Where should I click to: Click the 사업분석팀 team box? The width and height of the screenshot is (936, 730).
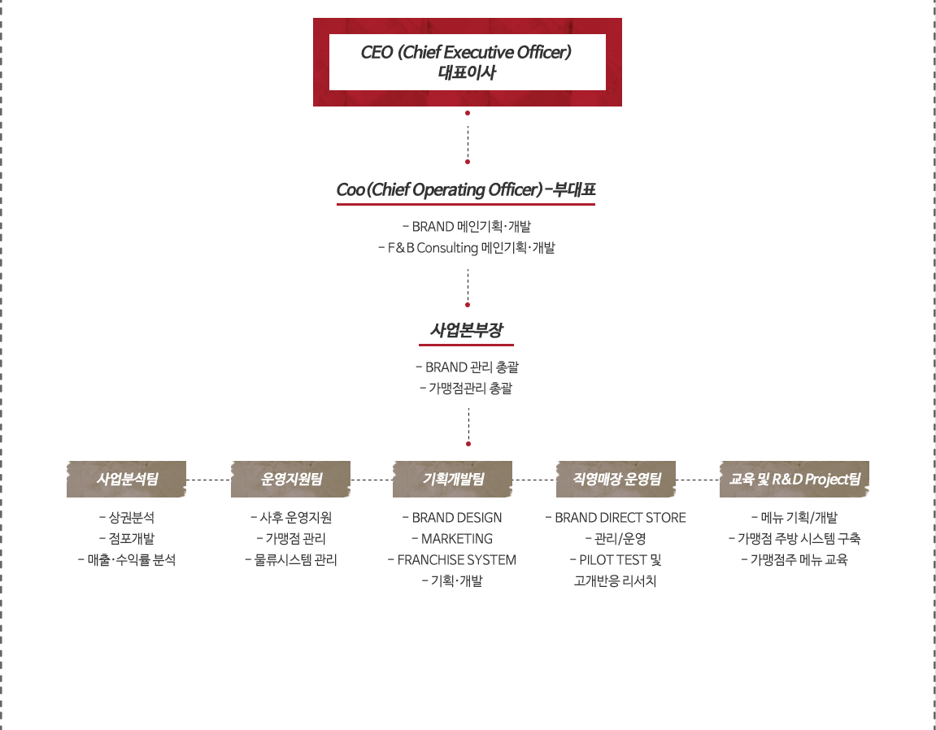[126, 480]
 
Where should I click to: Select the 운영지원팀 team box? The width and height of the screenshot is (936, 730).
[290, 480]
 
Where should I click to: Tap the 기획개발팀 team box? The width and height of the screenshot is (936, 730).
[452, 480]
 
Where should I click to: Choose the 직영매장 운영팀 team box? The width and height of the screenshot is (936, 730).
[616, 480]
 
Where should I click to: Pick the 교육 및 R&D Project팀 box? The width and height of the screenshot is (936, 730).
[794, 479]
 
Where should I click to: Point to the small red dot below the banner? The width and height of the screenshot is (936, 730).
[468, 113]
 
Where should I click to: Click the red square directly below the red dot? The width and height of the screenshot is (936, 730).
[468, 162]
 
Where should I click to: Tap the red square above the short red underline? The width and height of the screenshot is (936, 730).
[468, 306]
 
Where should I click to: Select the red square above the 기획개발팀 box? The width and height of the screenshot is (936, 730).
[468, 444]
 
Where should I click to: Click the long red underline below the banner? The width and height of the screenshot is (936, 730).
[466, 204]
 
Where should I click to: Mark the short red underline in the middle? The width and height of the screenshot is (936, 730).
[466, 345]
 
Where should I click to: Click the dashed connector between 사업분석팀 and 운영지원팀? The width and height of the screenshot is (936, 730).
[208, 480]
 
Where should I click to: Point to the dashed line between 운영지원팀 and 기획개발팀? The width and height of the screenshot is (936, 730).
[371, 480]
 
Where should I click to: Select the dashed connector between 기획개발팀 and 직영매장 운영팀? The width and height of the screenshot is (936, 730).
[533, 480]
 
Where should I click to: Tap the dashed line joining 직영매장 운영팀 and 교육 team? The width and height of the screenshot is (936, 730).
[697, 480]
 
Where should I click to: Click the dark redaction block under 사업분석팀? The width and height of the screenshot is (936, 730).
[129, 538]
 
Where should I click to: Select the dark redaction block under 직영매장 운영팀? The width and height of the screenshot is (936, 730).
[617, 550]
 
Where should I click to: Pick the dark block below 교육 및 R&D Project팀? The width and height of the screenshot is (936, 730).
[793, 538]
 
